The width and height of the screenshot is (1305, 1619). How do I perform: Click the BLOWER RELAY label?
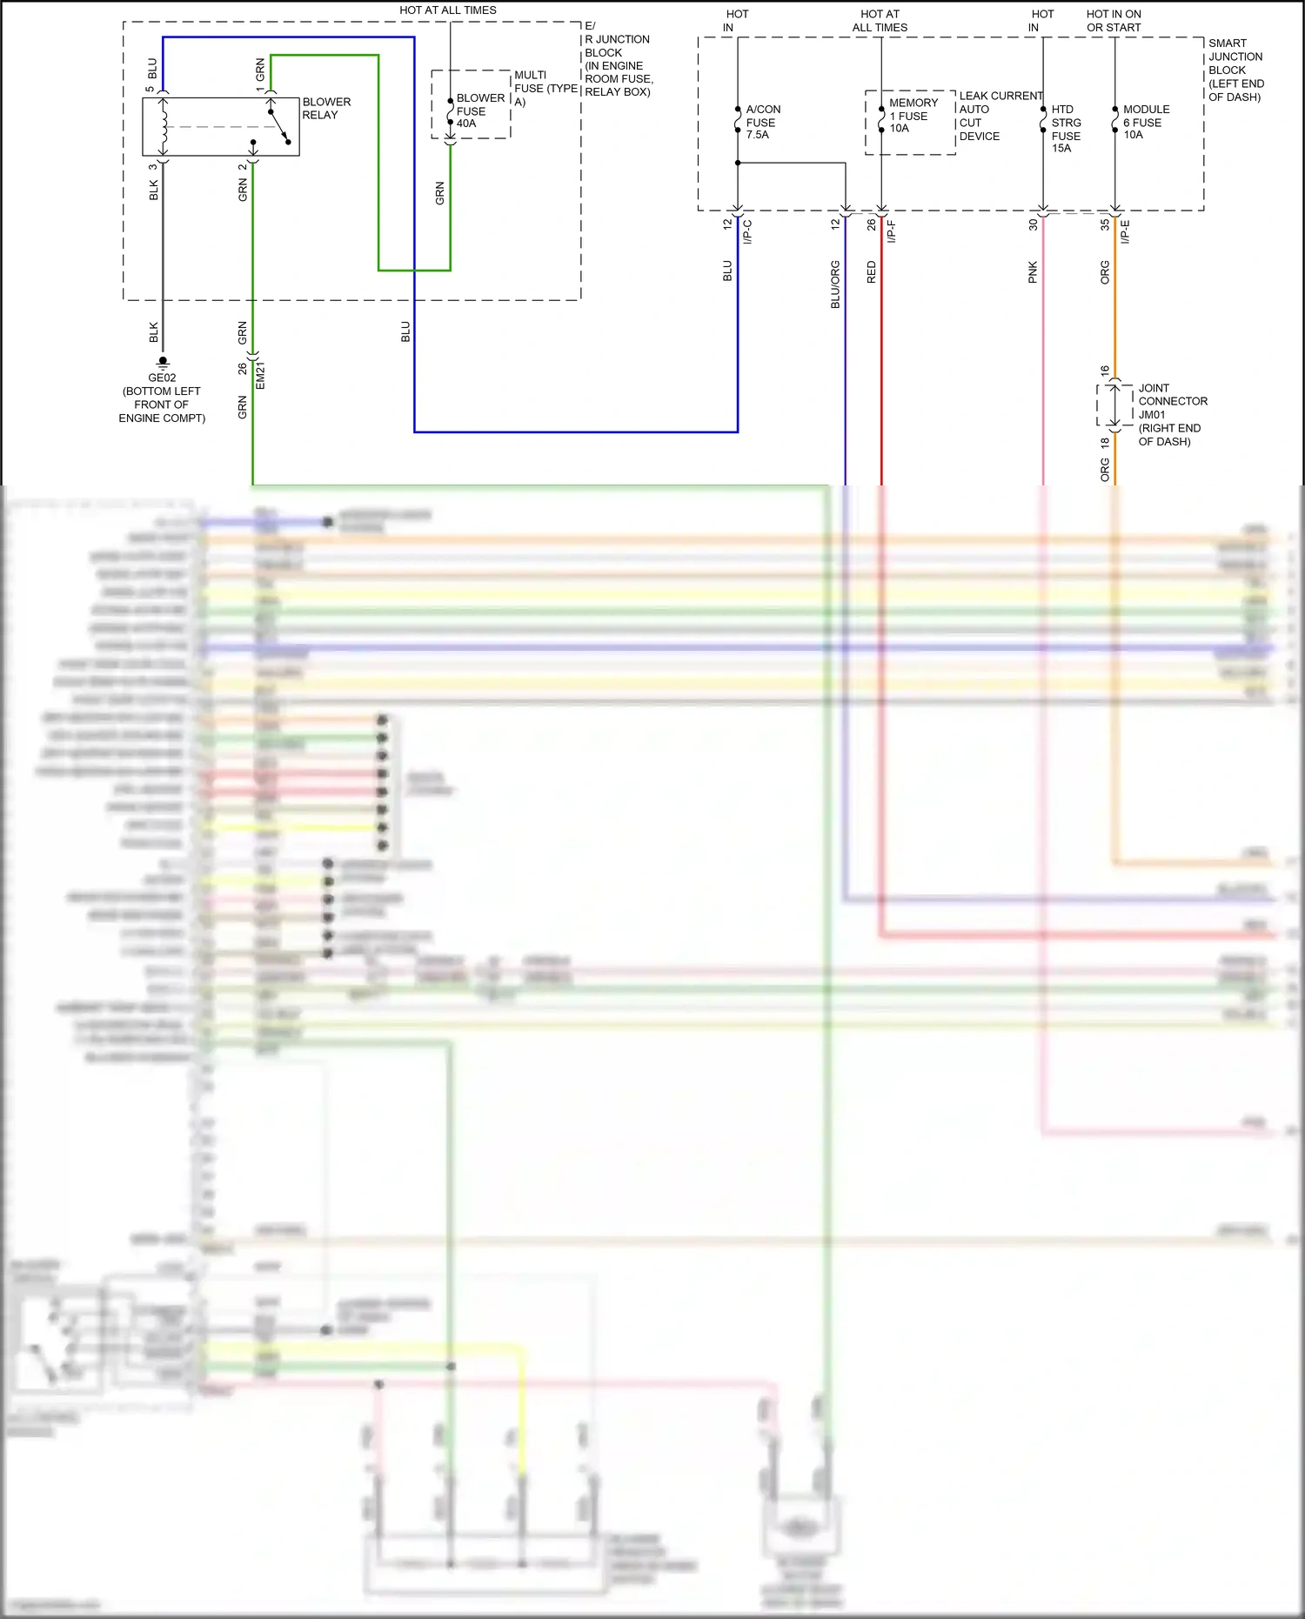point(326,109)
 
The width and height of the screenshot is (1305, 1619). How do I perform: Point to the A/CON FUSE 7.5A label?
point(762,122)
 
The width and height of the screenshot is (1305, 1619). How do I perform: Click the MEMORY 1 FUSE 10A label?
point(913,116)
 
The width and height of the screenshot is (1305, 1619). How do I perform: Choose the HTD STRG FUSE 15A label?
point(1066,129)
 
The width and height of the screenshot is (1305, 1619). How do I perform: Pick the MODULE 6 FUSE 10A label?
point(1145,122)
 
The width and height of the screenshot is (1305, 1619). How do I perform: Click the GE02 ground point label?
point(162,378)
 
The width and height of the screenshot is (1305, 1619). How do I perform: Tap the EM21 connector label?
point(260,375)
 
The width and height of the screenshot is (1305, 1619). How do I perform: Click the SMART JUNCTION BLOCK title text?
point(1235,70)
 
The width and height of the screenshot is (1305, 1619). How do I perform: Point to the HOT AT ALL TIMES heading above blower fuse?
point(448,10)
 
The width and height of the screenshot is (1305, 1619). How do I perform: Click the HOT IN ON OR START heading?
point(1114,21)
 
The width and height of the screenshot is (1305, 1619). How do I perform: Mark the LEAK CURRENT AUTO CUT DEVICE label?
point(999,116)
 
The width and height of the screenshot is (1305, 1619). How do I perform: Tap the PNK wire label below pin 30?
point(1033,272)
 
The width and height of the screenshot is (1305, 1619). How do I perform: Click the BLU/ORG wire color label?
point(835,284)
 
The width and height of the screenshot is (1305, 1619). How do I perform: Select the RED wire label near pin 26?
point(871,272)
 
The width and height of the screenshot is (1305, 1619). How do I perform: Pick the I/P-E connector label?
point(1125,231)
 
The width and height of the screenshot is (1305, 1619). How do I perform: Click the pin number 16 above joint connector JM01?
point(1104,371)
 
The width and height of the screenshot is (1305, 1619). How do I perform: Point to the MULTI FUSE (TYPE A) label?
point(545,88)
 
